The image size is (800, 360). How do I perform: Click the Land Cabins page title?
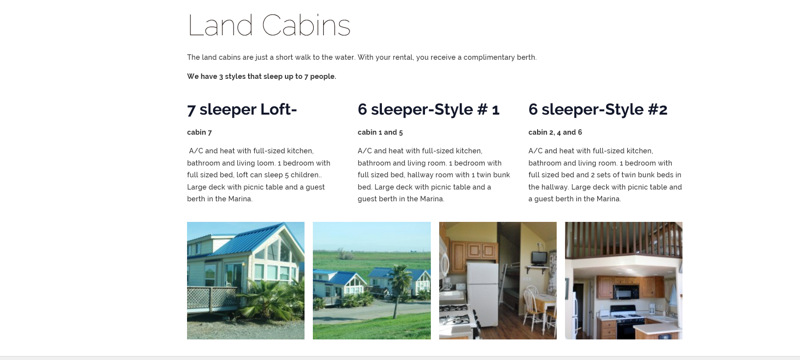pos(269,25)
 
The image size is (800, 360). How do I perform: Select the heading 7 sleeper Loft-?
pos(242,109)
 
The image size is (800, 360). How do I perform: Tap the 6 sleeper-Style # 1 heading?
pos(428,109)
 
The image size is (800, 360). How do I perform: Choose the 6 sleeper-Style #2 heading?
pos(597,109)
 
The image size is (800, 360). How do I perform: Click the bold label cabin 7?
pos(199,132)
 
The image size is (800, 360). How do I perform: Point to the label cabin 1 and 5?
pos(380,132)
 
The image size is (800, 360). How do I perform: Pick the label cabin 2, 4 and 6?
pos(555,132)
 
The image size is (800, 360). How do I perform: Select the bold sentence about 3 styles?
pos(261,76)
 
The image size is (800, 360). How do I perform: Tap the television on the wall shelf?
pos(539,258)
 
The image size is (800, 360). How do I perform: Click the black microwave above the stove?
pos(626,292)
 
